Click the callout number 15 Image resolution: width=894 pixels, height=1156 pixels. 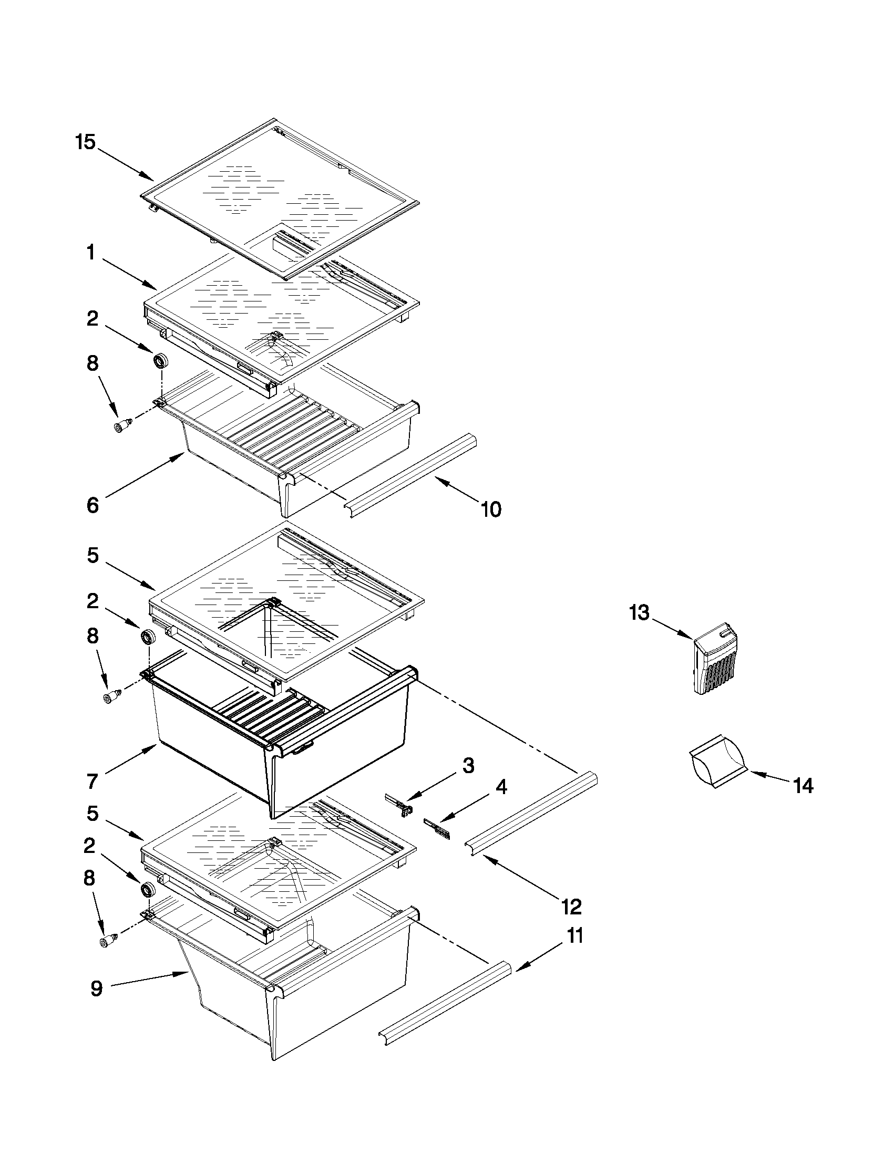(x=85, y=142)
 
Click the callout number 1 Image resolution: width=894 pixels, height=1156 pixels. (x=90, y=253)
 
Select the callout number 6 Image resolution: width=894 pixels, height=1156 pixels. (x=93, y=505)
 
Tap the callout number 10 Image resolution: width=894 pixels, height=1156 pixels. (x=491, y=509)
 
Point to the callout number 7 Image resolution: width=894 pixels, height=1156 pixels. (x=93, y=781)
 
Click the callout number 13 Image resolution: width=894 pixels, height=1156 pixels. (x=639, y=613)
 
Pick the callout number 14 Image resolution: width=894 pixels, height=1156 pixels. (x=804, y=786)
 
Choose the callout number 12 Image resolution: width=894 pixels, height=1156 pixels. (x=572, y=907)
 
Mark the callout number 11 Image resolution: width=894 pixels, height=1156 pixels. (x=575, y=935)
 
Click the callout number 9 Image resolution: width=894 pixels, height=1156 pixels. (x=96, y=988)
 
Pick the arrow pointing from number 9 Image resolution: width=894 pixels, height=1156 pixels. (x=148, y=980)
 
